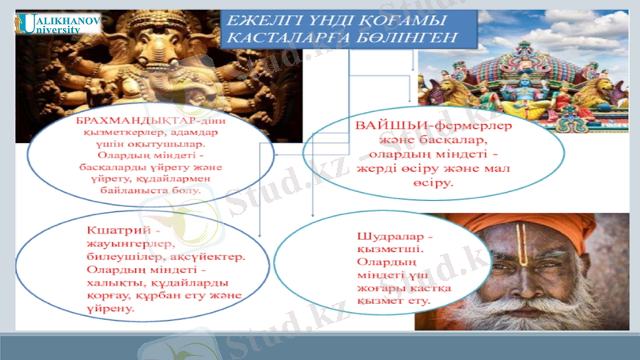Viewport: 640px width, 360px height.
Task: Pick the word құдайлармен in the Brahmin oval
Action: pos(176,178)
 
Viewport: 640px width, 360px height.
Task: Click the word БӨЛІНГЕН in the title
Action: pos(415,38)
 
